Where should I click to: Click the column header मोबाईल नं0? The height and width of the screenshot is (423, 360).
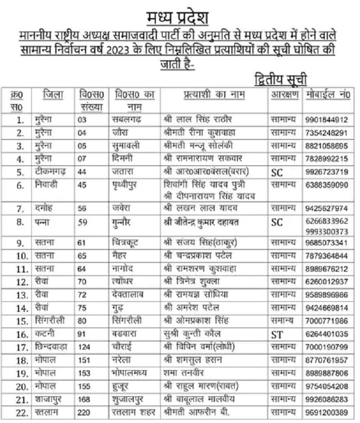point(327,95)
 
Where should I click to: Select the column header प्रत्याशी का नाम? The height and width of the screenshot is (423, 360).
point(214,95)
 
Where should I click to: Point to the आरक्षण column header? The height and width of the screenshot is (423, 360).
point(285,95)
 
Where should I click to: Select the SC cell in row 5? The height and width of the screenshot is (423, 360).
point(277,173)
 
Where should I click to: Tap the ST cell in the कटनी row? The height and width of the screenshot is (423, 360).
point(277,334)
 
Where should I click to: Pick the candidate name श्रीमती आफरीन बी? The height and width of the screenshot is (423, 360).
point(201,412)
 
